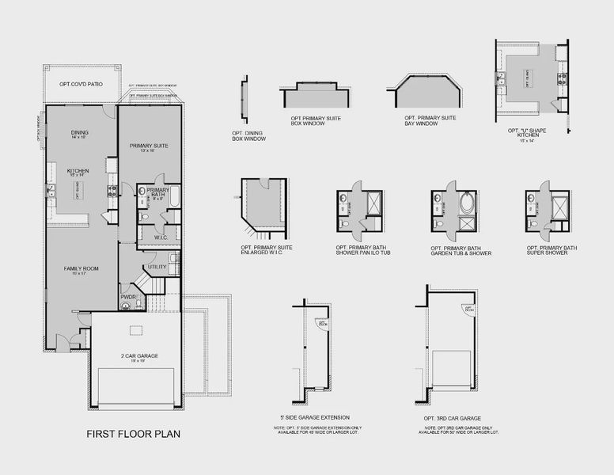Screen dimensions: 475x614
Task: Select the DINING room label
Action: (x=79, y=132)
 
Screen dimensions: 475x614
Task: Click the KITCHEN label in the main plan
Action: (x=78, y=170)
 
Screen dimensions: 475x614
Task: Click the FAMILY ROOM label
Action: (x=81, y=269)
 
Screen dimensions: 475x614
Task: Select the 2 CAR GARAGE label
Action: (x=139, y=356)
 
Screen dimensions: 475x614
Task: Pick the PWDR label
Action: (x=128, y=297)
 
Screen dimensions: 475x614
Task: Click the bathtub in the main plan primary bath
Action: (x=175, y=196)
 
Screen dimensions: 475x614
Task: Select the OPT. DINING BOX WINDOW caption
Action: (x=249, y=135)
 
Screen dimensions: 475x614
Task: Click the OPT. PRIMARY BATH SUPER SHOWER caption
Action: (x=551, y=250)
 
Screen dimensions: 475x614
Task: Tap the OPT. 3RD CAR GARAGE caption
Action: (x=453, y=417)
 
